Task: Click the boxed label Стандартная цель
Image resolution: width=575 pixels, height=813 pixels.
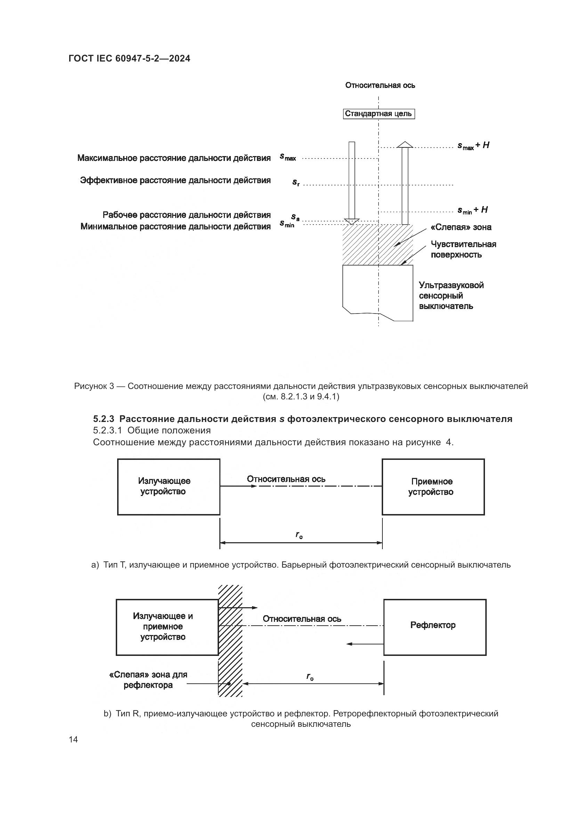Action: pos(379,114)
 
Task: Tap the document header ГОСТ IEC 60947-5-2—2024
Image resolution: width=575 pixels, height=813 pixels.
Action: pos(129,59)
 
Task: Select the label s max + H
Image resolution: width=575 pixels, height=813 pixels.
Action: pos(473,146)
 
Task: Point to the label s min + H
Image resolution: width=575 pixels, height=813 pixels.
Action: pos(472,210)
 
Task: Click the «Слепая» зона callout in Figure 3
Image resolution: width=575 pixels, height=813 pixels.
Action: pos(461,227)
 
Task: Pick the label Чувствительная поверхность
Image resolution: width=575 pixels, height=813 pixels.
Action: pos(463,249)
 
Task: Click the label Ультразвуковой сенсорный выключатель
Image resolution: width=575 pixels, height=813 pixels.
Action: pos(451,296)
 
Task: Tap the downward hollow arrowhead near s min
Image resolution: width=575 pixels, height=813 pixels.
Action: pos(351,222)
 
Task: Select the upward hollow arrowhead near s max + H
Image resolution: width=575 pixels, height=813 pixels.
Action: pos(405,145)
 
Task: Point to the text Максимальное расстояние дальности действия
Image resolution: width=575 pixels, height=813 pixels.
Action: pos(174,158)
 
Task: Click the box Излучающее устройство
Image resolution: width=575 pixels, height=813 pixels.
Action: pos(169,487)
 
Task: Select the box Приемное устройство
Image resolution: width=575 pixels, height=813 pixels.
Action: pos(433,487)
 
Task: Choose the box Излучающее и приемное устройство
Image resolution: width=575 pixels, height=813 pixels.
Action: pos(167,626)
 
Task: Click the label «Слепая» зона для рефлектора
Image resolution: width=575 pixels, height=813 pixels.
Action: pos(148,680)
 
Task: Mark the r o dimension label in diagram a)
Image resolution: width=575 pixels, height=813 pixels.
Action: pos(299,535)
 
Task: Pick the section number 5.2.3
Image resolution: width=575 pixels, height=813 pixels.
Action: pos(103,419)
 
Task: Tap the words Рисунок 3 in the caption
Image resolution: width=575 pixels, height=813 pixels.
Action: pos(94,386)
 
